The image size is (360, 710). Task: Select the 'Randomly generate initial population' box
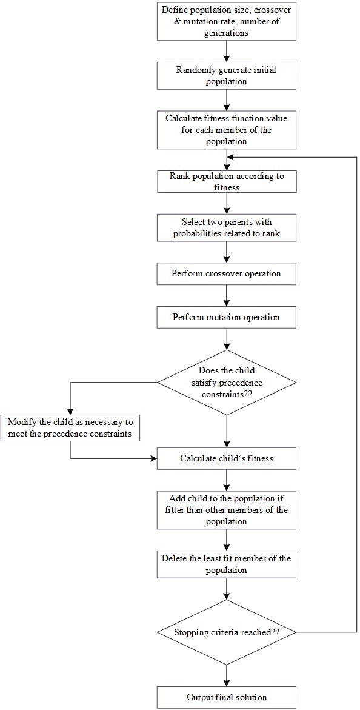click(226, 75)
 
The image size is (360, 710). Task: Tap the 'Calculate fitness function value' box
click(226, 130)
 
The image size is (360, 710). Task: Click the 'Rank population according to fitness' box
click(226, 182)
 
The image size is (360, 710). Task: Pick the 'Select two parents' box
click(226, 228)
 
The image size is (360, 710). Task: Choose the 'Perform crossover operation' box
click(226, 273)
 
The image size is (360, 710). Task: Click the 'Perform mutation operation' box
click(226, 317)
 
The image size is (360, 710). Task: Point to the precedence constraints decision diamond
click(226, 382)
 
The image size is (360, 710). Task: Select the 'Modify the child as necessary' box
click(70, 429)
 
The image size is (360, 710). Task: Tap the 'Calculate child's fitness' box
click(226, 458)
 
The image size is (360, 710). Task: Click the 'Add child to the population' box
click(226, 510)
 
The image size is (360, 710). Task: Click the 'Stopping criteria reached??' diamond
click(226, 632)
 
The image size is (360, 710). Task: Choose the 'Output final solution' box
click(226, 697)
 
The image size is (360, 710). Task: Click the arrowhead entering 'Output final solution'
click(226, 683)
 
